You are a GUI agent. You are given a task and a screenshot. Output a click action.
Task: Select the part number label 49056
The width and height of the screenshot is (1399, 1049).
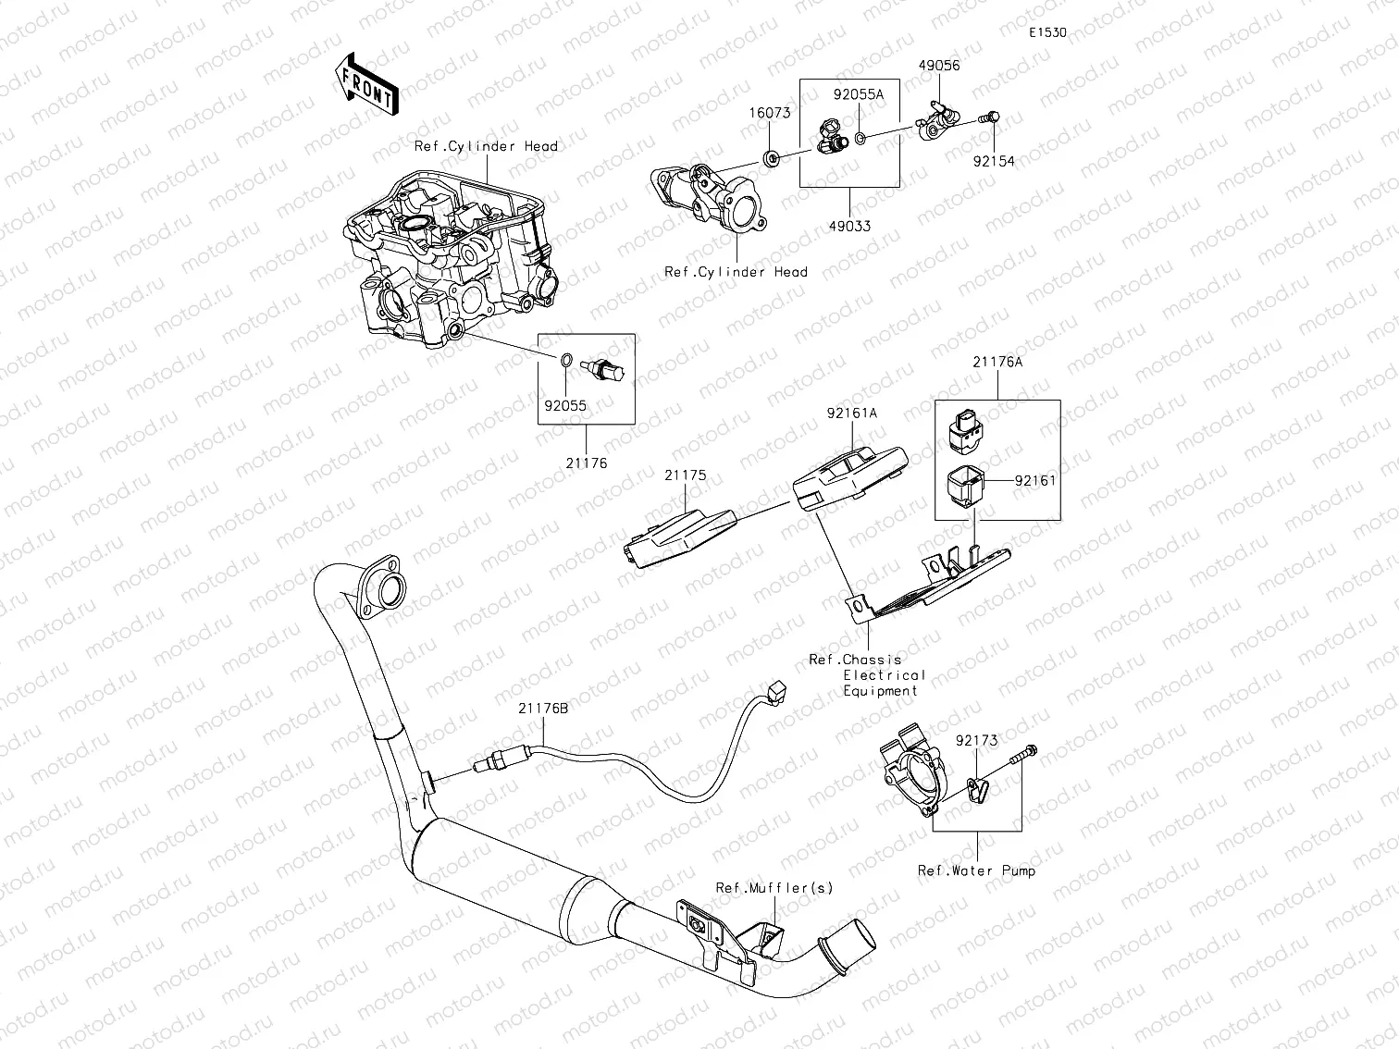coord(939,65)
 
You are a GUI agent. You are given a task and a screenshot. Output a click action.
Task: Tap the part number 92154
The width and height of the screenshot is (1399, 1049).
coord(994,161)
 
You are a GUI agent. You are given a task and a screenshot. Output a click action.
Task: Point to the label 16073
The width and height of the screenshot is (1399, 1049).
coord(770,113)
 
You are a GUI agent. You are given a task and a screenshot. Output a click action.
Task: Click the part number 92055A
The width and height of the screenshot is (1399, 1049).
coord(859,94)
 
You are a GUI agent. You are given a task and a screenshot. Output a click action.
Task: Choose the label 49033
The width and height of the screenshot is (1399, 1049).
coord(850,226)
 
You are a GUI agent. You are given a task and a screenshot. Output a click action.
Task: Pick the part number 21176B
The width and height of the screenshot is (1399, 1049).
coord(543,709)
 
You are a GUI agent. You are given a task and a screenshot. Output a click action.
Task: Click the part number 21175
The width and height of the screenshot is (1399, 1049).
coord(685,475)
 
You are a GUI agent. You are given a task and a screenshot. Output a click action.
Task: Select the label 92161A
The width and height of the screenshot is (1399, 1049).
coord(852,413)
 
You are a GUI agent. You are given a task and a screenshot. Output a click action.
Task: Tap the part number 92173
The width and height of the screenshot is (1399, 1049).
coord(977,740)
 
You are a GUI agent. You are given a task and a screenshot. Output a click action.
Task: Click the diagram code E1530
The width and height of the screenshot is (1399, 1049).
coord(1048,32)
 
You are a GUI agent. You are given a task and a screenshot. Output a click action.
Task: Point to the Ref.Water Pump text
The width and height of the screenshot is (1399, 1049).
coord(976,870)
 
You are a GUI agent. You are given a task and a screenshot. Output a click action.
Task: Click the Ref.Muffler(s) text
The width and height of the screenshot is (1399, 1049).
coord(774,888)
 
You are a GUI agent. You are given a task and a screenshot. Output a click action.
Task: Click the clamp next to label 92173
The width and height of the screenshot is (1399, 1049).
coord(977,788)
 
